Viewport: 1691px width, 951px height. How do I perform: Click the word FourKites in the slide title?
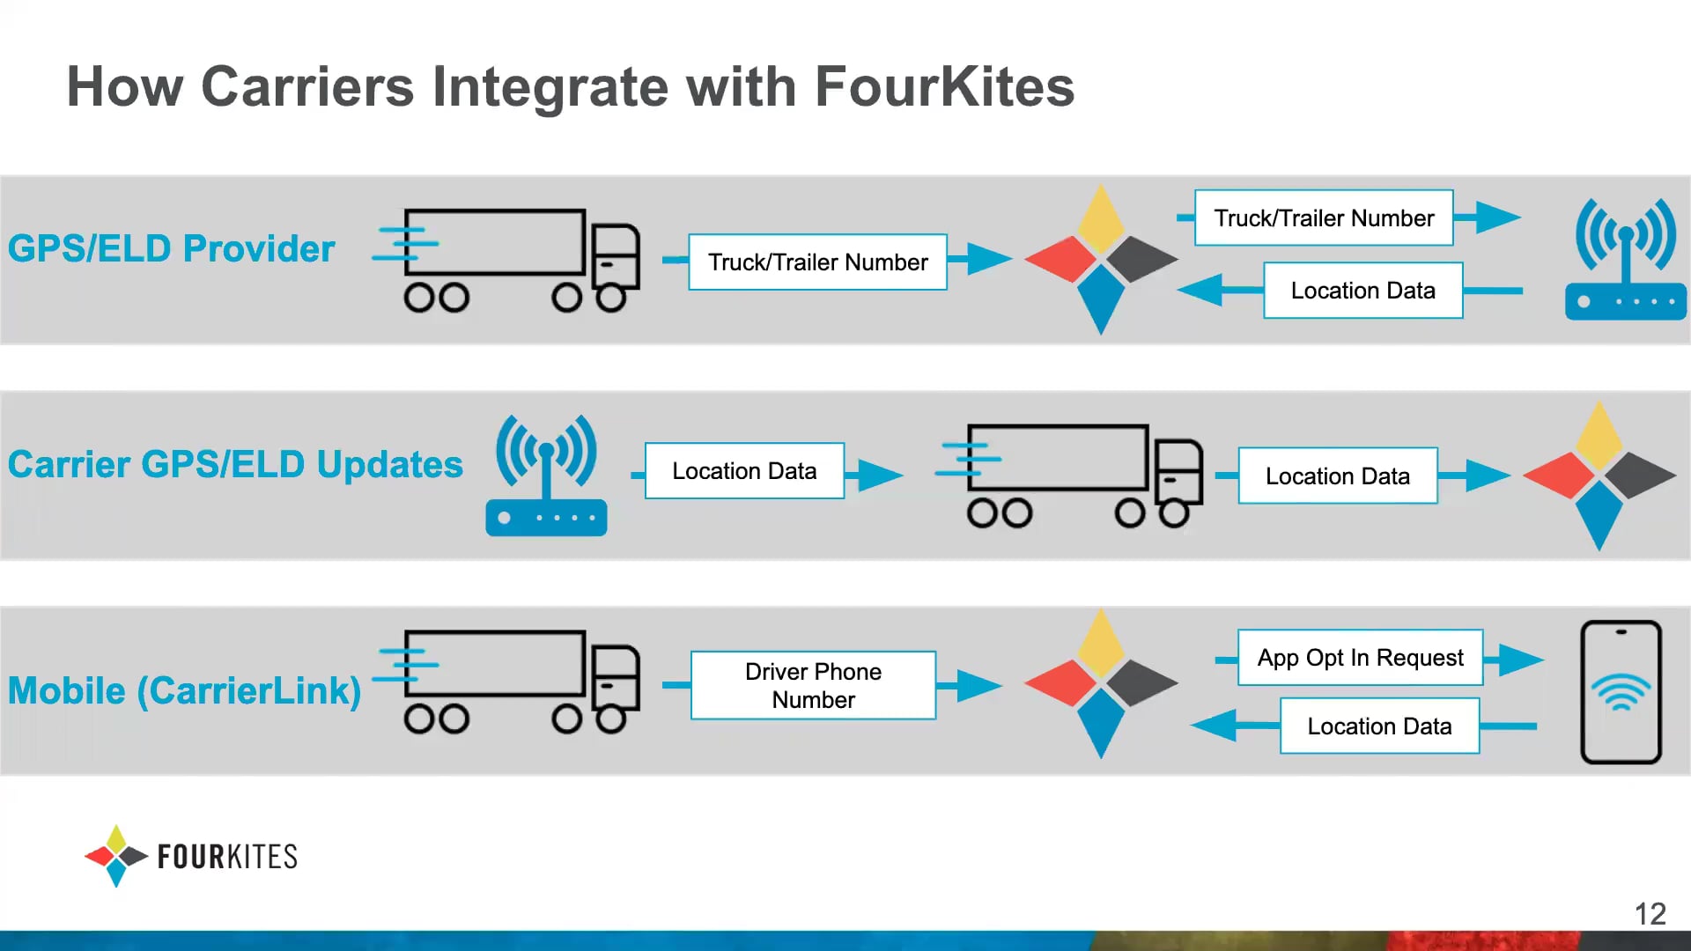(944, 87)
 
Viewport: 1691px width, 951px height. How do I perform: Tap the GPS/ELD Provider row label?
(172, 248)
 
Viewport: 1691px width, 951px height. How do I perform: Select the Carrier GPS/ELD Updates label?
(235, 464)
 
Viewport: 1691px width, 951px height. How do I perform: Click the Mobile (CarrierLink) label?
(184, 690)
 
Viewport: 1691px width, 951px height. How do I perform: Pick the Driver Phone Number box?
(813, 685)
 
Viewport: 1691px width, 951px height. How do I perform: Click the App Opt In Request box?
(1360, 658)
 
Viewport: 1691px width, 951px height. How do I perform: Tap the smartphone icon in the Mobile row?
(1621, 692)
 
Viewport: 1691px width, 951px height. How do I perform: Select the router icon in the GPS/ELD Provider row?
(1625, 260)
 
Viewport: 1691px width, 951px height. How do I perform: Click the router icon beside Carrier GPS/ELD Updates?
(546, 475)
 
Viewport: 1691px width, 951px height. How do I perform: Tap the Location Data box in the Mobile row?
(1379, 726)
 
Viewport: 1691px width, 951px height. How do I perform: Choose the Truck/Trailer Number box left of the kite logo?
(817, 262)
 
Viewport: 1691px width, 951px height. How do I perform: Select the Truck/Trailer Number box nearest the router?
(1324, 218)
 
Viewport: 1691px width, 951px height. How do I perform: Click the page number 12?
(1650, 914)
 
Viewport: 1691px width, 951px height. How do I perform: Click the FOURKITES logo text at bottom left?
(227, 857)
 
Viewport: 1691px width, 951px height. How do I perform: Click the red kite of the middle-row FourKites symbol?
(1559, 475)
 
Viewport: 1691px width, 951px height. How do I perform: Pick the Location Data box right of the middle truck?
(1337, 476)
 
